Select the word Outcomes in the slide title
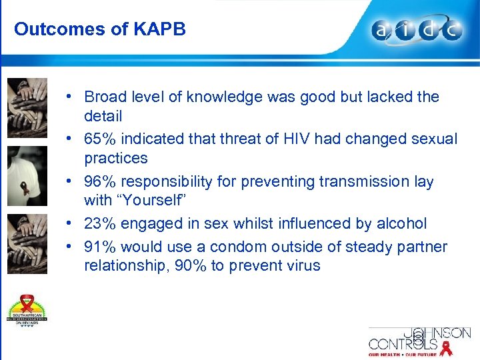50,29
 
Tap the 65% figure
99,139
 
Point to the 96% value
99,181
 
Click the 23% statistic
99,223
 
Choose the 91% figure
99,247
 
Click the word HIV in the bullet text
296,139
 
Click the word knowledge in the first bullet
225,97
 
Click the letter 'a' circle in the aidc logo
383,30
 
